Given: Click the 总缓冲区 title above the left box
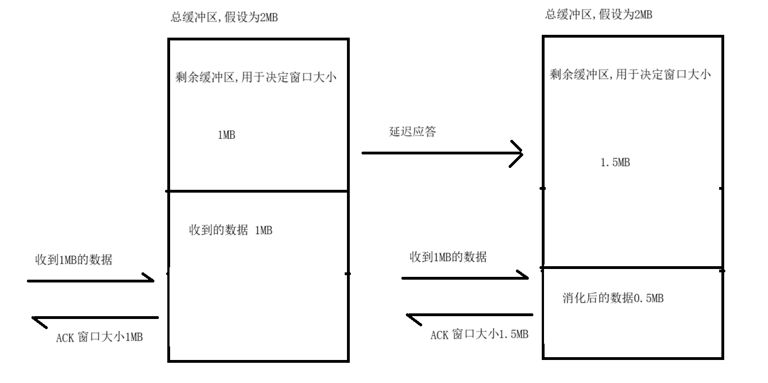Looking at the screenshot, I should point(225,18).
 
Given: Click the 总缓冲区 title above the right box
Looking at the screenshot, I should point(598,15).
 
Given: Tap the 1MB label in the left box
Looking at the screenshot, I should point(226,135).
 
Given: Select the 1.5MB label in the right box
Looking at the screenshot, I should point(615,163).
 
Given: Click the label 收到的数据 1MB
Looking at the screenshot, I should point(231,230).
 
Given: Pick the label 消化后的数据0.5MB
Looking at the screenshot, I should point(612,298).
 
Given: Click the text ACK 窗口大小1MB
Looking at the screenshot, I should point(100,338).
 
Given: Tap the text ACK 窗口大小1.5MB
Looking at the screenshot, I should point(479,335).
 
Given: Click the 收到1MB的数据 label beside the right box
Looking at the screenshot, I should point(448,257).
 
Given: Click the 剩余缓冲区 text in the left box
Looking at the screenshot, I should point(255,77).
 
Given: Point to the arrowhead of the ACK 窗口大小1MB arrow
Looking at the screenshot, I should point(36,320).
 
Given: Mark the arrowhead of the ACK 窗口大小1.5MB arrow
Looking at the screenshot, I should point(410,317).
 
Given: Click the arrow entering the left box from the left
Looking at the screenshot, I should point(90,280).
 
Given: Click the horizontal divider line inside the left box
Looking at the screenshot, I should point(258,191).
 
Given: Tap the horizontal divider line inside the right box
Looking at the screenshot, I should point(632,268).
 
